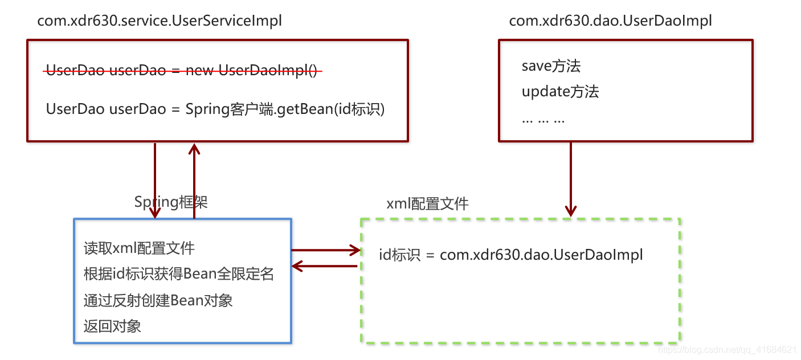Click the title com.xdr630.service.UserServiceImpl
pos(160,22)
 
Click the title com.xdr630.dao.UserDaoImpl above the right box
pos(610,22)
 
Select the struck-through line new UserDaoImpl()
pos(184,71)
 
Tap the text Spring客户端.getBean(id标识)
pos(285,109)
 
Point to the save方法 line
pos(551,66)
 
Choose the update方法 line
pos(560,92)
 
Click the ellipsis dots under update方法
pos(543,120)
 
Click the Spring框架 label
pos(171,202)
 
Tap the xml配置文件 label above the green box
pos(427,204)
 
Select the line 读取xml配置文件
pos(139,248)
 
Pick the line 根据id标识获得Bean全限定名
pos(179,274)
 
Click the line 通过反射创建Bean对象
pos(158,300)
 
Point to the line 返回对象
pos(112,326)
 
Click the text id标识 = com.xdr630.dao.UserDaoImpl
pos(511,255)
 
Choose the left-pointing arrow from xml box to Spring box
pos(325,265)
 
